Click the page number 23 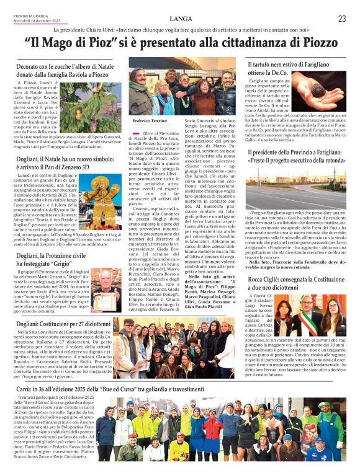[x=342, y=19]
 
